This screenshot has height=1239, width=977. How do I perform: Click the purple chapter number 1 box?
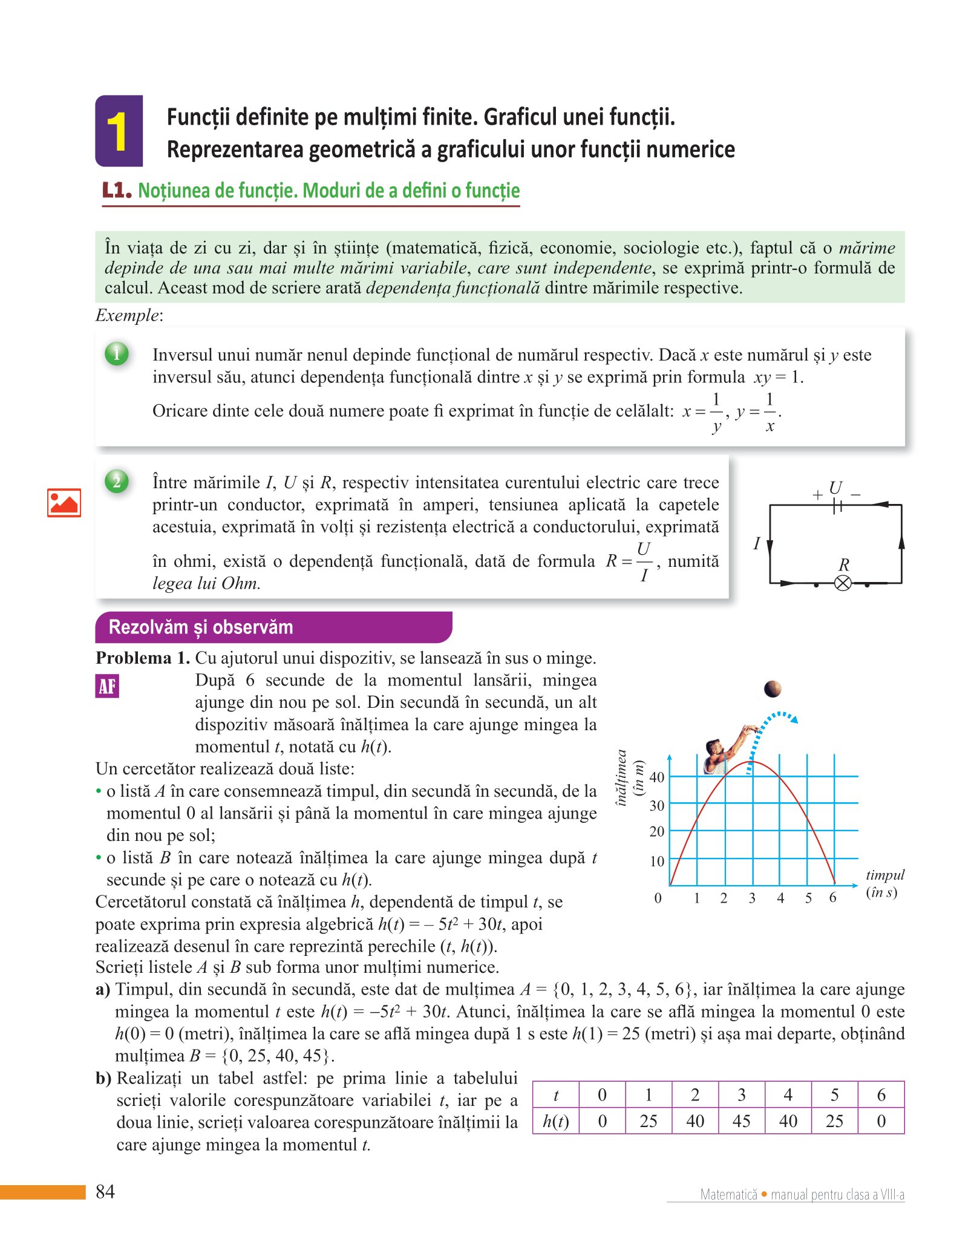[119, 131]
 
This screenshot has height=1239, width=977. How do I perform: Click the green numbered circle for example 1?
[117, 354]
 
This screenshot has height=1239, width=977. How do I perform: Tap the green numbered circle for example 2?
[117, 482]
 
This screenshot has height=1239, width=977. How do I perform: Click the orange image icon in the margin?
[64, 503]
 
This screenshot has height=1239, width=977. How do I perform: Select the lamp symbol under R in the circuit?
[843, 583]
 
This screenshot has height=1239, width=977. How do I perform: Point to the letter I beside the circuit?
[756, 544]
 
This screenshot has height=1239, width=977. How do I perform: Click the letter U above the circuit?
[835, 488]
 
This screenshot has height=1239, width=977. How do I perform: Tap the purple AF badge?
[107, 686]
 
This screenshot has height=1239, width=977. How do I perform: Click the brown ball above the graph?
[773, 688]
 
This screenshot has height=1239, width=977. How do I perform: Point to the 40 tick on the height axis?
[657, 777]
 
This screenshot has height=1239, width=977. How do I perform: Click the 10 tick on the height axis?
[657, 861]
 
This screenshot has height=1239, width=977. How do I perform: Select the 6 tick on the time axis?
[833, 898]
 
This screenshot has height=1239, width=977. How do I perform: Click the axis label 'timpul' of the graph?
[885, 875]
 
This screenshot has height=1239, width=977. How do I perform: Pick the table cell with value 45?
[742, 1121]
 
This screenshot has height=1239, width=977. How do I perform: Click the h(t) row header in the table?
[555, 1121]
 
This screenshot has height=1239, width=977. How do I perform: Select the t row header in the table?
[555, 1095]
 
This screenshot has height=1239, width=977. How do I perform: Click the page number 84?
[105, 1192]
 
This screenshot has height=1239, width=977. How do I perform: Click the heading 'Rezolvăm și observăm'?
[201, 627]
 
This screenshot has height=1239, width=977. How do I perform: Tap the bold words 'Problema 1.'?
[143, 658]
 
